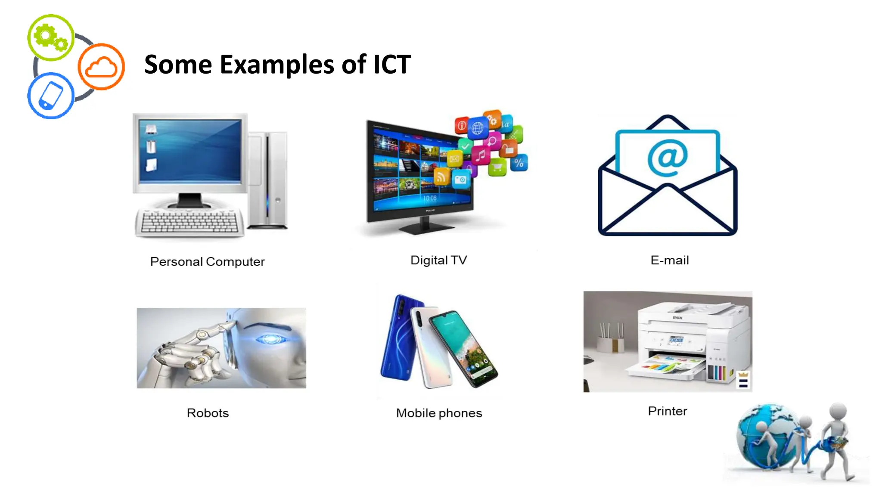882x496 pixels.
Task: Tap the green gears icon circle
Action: (51, 37)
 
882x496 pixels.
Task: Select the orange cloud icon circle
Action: (101, 67)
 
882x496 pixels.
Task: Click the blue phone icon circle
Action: (51, 96)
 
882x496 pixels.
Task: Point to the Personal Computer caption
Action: (207, 261)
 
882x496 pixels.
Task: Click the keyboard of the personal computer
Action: (189, 222)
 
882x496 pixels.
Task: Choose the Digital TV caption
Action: (438, 260)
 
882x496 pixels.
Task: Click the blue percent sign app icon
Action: (519, 163)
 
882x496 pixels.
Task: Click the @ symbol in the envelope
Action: (668, 158)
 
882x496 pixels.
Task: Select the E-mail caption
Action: (669, 260)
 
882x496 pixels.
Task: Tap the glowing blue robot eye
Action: (270, 339)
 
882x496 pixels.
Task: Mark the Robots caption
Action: (208, 413)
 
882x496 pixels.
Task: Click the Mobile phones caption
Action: (439, 413)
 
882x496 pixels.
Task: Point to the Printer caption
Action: (667, 411)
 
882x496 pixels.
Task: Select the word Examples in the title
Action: (277, 65)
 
